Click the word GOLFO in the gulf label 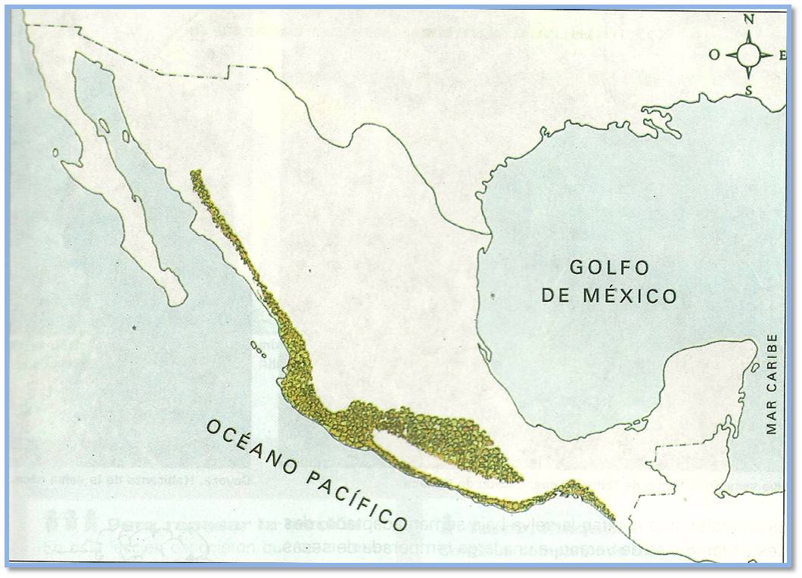pyautogui.click(x=609, y=267)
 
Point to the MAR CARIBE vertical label pyautogui.click(x=772, y=384)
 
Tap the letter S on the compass pyautogui.click(x=749, y=89)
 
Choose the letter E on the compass pyautogui.click(x=782, y=54)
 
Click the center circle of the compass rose pyautogui.click(x=749, y=54)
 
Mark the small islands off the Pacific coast pyautogui.click(x=258, y=350)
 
